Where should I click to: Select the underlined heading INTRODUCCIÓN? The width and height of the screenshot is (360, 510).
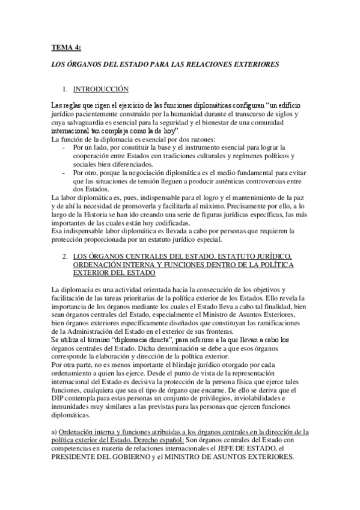click(x=101, y=89)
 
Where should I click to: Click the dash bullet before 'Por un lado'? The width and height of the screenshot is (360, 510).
click(x=64, y=147)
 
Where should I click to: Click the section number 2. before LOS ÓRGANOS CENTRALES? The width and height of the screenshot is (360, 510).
click(x=64, y=256)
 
